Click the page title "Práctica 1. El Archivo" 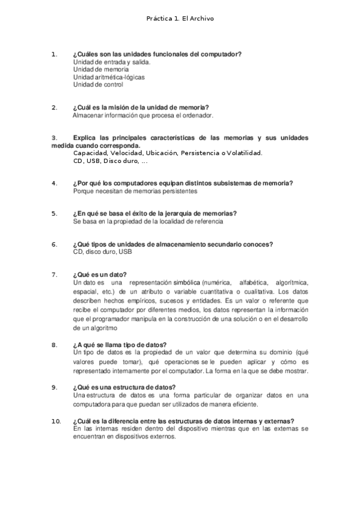point(180,19)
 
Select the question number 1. point(54,54)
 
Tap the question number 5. point(54,214)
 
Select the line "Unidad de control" point(98,85)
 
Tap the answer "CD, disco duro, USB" point(102,251)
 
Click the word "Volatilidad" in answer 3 point(242,153)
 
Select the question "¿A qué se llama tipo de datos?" point(120,345)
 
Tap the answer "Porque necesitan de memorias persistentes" point(135,191)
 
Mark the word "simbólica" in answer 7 point(182,282)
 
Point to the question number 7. point(54,274)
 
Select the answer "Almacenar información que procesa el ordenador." point(143,115)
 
